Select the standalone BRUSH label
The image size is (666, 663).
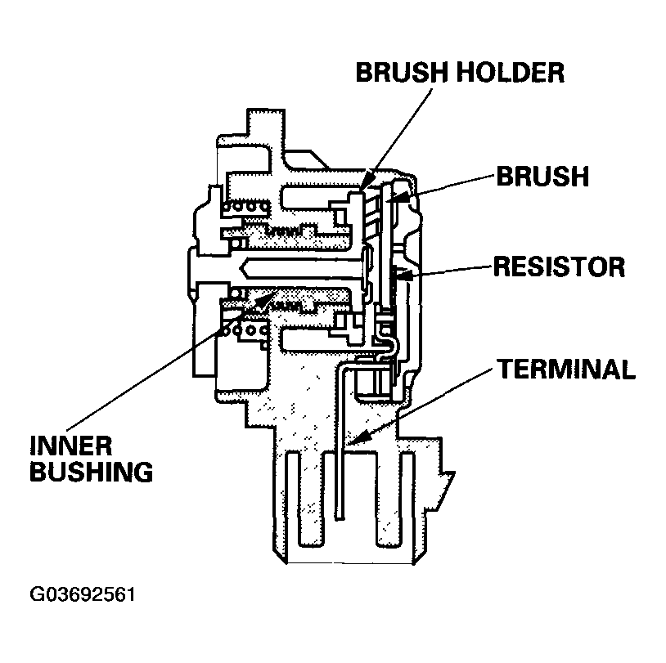click(541, 176)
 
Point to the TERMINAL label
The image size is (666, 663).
click(566, 369)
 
